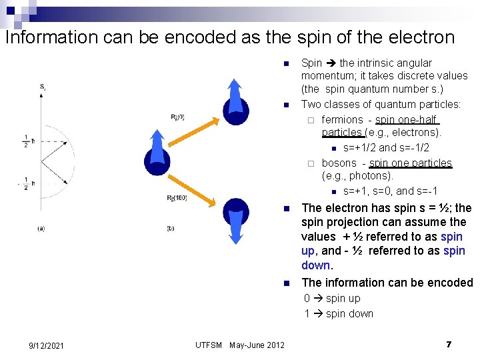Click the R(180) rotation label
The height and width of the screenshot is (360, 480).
click(175, 198)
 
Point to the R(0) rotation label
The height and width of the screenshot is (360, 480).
click(177, 118)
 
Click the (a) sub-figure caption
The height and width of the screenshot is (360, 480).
click(41, 229)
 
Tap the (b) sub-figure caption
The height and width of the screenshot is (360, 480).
click(169, 229)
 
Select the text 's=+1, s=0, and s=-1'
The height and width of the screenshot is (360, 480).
click(390, 191)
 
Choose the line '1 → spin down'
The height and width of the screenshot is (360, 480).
click(339, 313)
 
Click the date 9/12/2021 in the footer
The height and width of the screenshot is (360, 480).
click(46, 345)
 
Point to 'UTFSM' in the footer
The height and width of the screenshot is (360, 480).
click(209, 345)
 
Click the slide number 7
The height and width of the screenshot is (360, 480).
click(449, 345)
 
